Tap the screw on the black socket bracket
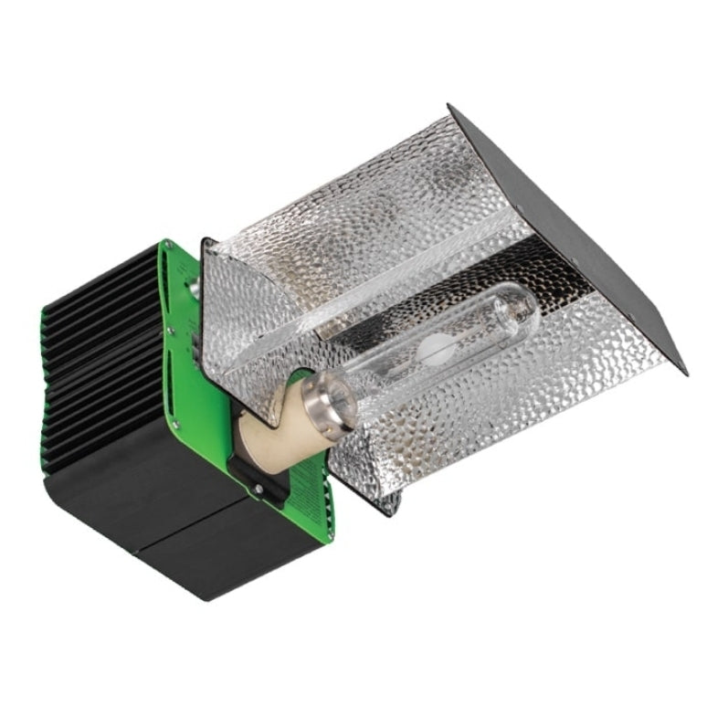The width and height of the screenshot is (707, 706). tap(259, 489)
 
